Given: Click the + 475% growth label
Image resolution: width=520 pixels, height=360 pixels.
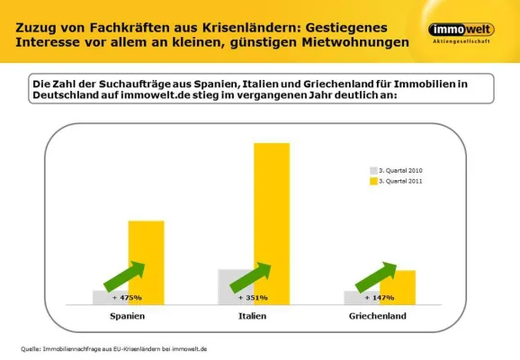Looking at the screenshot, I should click(126, 297).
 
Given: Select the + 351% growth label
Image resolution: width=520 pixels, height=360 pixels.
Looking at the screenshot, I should click(252, 297).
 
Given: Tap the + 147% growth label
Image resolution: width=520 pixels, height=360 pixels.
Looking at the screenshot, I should click(379, 297).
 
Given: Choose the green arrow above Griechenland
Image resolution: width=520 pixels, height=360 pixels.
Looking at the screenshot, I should click(376, 276).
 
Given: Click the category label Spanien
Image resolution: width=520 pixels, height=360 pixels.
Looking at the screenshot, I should click(127, 316).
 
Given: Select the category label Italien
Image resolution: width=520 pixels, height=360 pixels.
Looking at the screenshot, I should click(253, 316).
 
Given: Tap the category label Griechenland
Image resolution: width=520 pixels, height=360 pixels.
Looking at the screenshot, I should click(378, 316).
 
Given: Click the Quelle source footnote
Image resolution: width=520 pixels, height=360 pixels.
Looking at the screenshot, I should click(114, 347).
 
